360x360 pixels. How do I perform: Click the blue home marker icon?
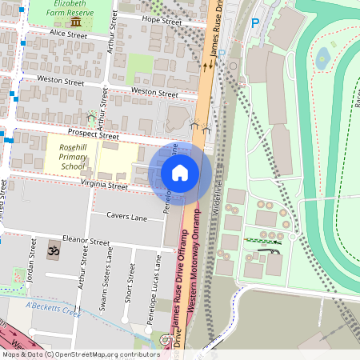click(x=180, y=173)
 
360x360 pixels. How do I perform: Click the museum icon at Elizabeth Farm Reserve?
click(x=74, y=22)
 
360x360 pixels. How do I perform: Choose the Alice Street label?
click(x=68, y=35)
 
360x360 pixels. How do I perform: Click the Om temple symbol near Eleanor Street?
click(x=54, y=250)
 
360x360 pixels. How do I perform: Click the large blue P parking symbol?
click(x=255, y=24)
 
